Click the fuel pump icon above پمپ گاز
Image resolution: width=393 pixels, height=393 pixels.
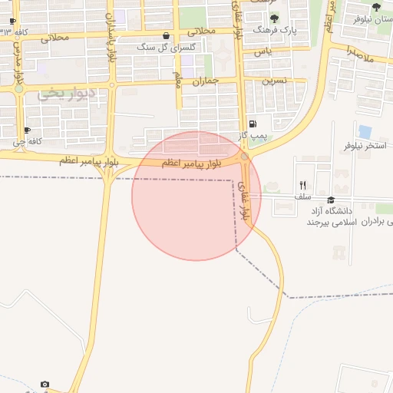(x=253, y=124)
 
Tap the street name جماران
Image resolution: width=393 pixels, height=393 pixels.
(x=206, y=80)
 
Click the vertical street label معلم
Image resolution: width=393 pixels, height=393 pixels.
(x=177, y=78)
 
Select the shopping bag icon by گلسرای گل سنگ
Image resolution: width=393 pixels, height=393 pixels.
(x=167, y=35)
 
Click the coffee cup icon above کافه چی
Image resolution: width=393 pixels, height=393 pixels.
(x=28, y=130)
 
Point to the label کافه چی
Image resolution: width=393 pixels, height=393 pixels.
(x=27, y=141)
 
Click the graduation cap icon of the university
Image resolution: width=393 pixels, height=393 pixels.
(x=331, y=200)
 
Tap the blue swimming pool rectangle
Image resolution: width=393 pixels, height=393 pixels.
(x=365, y=132)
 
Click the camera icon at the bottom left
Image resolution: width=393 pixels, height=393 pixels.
(x=45, y=384)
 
